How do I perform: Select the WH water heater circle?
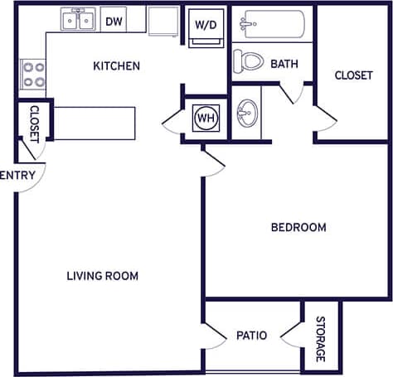point(204,117)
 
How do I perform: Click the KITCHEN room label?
point(116,66)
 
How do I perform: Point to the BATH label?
point(284,64)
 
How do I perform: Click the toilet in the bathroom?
point(246,60)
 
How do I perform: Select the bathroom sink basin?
point(245,111)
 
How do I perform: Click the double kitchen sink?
point(77,18)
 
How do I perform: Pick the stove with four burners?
point(34,75)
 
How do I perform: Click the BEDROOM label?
point(298,227)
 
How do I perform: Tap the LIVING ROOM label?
point(102,276)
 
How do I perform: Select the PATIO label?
point(251,336)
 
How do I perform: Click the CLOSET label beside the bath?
point(353,75)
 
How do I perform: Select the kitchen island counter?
point(94,123)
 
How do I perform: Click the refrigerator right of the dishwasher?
point(163,22)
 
